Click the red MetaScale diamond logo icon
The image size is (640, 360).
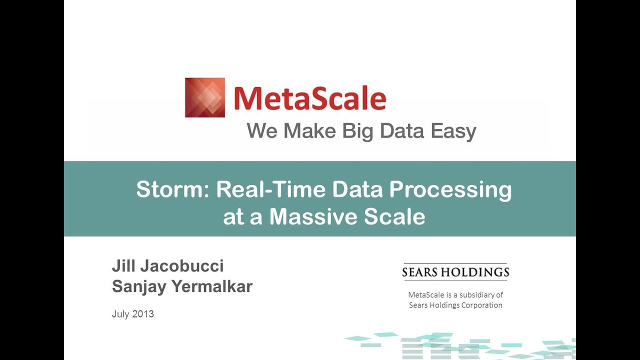point(204,97)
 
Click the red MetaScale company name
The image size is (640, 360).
point(309,98)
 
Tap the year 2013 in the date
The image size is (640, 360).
point(143,314)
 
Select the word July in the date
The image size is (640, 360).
point(120,314)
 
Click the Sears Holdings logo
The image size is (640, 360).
point(455,272)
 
